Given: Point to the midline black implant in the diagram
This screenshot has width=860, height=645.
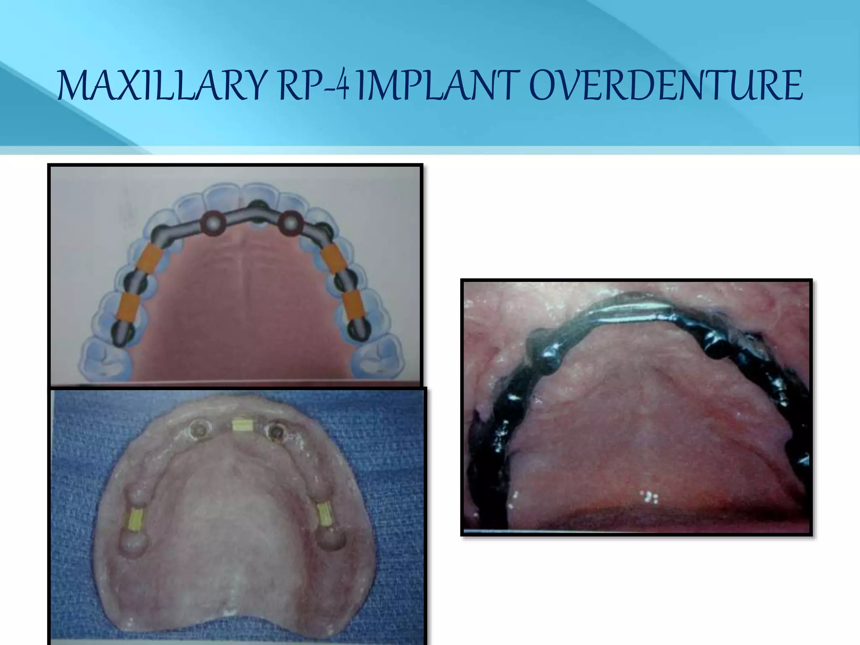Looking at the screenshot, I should coord(255,207).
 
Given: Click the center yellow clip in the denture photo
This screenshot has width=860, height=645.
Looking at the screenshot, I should coord(242,425).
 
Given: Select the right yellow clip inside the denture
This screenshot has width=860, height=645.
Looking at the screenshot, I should coord(324,514).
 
